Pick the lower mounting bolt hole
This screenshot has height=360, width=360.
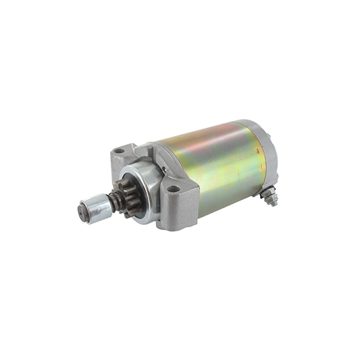point(172,188)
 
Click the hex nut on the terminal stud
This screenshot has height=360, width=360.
point(270,199)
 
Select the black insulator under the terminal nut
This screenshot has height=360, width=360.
point(263,194)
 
